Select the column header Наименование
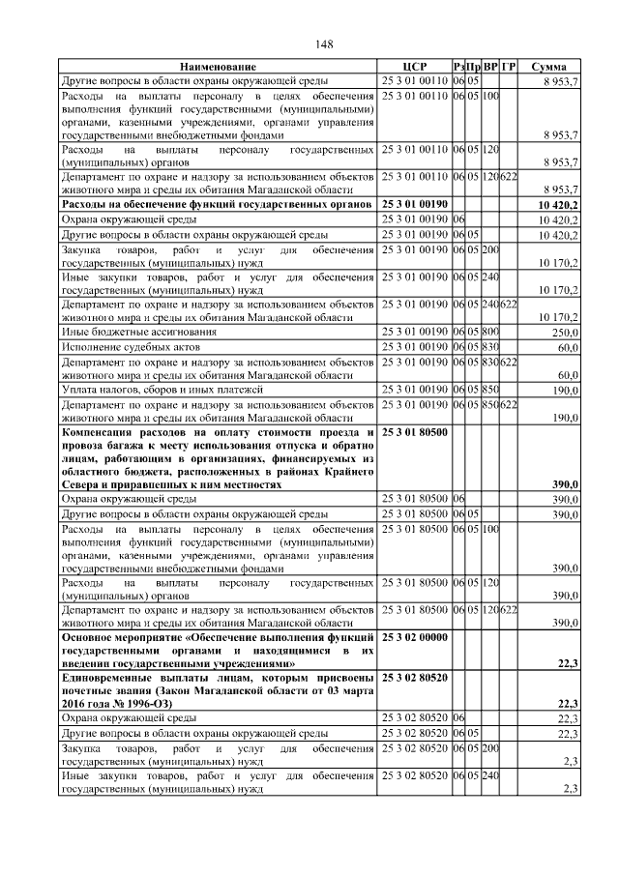[x=219, y=67]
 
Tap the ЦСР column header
[x=415, y=67]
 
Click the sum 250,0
[x=564, y=332]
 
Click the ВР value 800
[x=490, y=332]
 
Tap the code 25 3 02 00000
[x=415, y=638]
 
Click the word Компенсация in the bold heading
[x=103, y=431]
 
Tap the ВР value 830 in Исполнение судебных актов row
[x=490, y=346]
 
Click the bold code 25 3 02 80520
[x=415, y=680]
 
